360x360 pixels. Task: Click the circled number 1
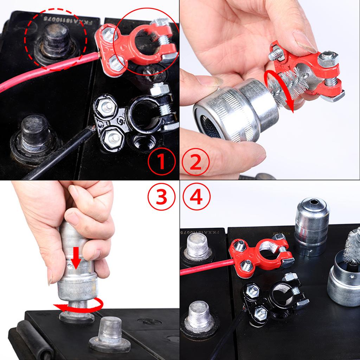tap(161, 161)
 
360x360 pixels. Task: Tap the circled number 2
tap(196, 161)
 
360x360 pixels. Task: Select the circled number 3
tap(161, 197)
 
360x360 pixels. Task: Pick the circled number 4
tap(196, 197)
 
